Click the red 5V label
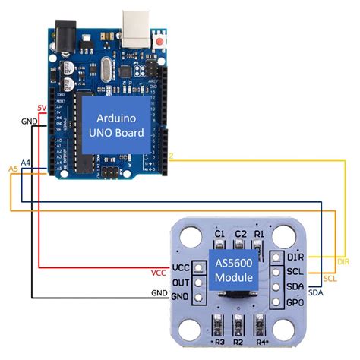pos(42,108)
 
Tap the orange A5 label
pos(12,167)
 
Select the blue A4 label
pos(26,163)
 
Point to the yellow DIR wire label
pos(343,262)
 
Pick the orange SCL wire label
pos(341,279)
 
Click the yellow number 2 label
pos(172,156)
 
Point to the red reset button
pos(162,38)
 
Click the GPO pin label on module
pos(295,300)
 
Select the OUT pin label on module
pos(181,282)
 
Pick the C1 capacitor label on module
pos(220,233)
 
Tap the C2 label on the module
pos(241,233)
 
